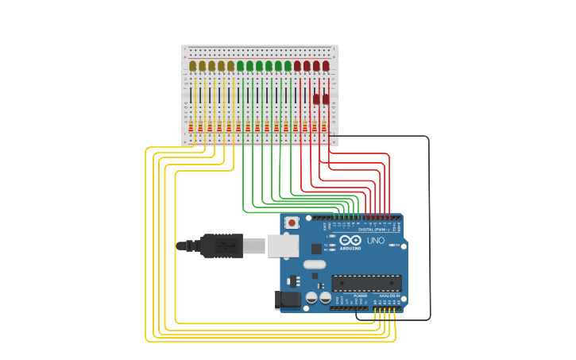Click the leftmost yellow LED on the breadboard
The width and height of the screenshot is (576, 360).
(193, 66)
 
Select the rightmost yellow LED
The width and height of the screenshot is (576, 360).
(231, 66)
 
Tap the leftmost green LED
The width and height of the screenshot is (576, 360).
(241, 66)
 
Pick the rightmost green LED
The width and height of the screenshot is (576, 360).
(288, 66)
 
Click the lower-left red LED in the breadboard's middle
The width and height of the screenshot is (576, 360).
(316, 99)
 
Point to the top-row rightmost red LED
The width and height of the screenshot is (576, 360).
(326, 66)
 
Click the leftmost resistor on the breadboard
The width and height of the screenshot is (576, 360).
(191, 126)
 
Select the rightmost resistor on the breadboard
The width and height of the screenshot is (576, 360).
(324, 126)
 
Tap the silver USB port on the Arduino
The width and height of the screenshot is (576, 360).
(282, 246)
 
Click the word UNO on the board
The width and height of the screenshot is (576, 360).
(375, 240)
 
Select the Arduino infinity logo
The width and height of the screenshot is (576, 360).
(350, 240)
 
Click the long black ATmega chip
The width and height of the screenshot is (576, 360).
(366, 283)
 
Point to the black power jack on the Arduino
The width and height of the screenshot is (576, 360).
(287, 300)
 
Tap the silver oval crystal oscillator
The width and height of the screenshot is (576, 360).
(315, 265)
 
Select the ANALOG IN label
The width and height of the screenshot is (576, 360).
(392, 296)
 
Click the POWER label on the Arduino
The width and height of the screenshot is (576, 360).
(360, 296)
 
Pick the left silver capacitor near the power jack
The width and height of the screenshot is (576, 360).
(312, 297)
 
